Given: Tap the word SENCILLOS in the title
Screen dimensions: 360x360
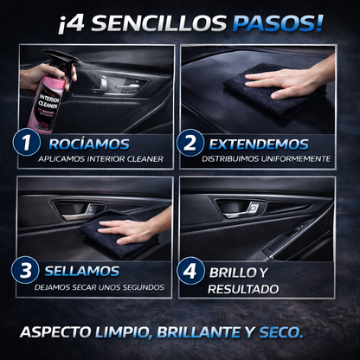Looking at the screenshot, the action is click(x=159, y=22).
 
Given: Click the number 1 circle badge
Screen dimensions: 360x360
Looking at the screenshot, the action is click(x=27, y=143).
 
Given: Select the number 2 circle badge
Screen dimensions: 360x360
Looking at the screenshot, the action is click(x=190, y=143).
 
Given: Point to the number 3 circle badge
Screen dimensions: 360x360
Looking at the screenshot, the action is click(x=25, y=270).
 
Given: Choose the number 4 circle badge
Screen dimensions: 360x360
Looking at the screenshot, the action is click(x=190, y=271).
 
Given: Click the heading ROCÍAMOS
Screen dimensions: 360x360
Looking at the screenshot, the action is click(x=89, y=144).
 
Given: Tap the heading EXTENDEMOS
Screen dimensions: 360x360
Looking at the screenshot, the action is click(x=259, y=145).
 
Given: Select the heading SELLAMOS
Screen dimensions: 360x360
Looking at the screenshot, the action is click(x=82, y=271).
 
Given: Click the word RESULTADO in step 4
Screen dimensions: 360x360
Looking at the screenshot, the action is click(x=243, y=289).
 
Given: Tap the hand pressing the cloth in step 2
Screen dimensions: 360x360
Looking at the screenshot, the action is click(x=288, y=80).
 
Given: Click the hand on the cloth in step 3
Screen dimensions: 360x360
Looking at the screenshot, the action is click(x=134, y=228).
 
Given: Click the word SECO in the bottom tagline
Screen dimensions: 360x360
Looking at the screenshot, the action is click(x=281, y=332).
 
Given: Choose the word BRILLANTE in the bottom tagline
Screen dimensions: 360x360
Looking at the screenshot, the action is click(x=199, y=332).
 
